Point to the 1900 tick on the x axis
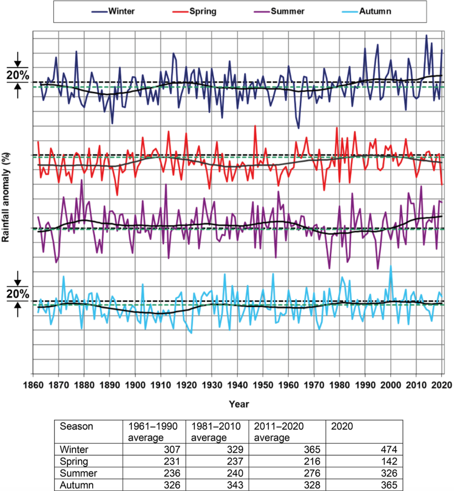coord(135,385)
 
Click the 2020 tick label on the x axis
coord(442,385)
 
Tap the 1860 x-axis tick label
coord(33,385)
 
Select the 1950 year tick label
coord(263,385)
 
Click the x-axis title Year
coord(239,404)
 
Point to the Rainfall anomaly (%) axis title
coord(6,198)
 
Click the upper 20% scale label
coord(18,75)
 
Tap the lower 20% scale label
coord(18,294)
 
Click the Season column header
coord(76,426)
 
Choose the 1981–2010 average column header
coord(216,432)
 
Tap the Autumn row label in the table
coord(77,485)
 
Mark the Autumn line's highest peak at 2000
coord(391,266)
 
